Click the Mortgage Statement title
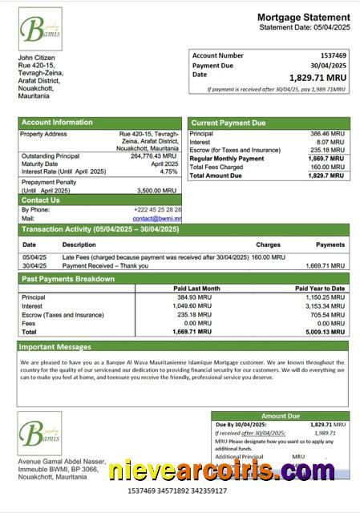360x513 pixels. click(x=303, y=17)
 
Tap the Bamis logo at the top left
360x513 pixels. click(x=40, y=30)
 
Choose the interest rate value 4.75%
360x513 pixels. click(x=168, y=172)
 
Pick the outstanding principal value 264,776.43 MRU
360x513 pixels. click(x=153, y=156)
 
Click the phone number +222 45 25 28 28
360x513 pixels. click(x=156, y=209)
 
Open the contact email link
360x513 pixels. click(x=157, y=218)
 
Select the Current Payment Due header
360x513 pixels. click(x=228, y=123)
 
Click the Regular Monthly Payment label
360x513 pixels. click(x=227, y=159)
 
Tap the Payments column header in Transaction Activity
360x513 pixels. click(x=330, y=244)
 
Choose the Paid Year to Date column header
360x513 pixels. click(x=319, y=289)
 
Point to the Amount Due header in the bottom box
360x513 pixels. click(x=280, y=416)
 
